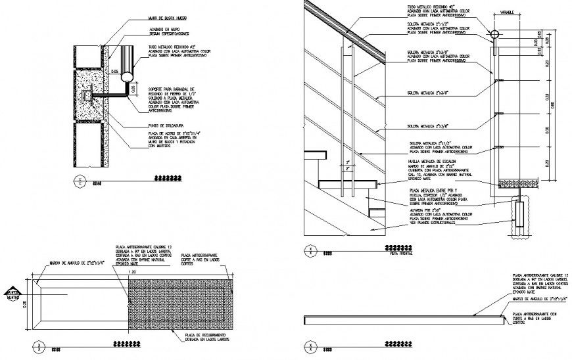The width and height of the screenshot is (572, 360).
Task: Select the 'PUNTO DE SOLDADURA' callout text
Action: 160,125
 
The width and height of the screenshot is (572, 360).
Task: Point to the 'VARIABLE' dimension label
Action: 506,12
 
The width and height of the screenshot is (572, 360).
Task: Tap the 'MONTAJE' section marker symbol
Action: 11,294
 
